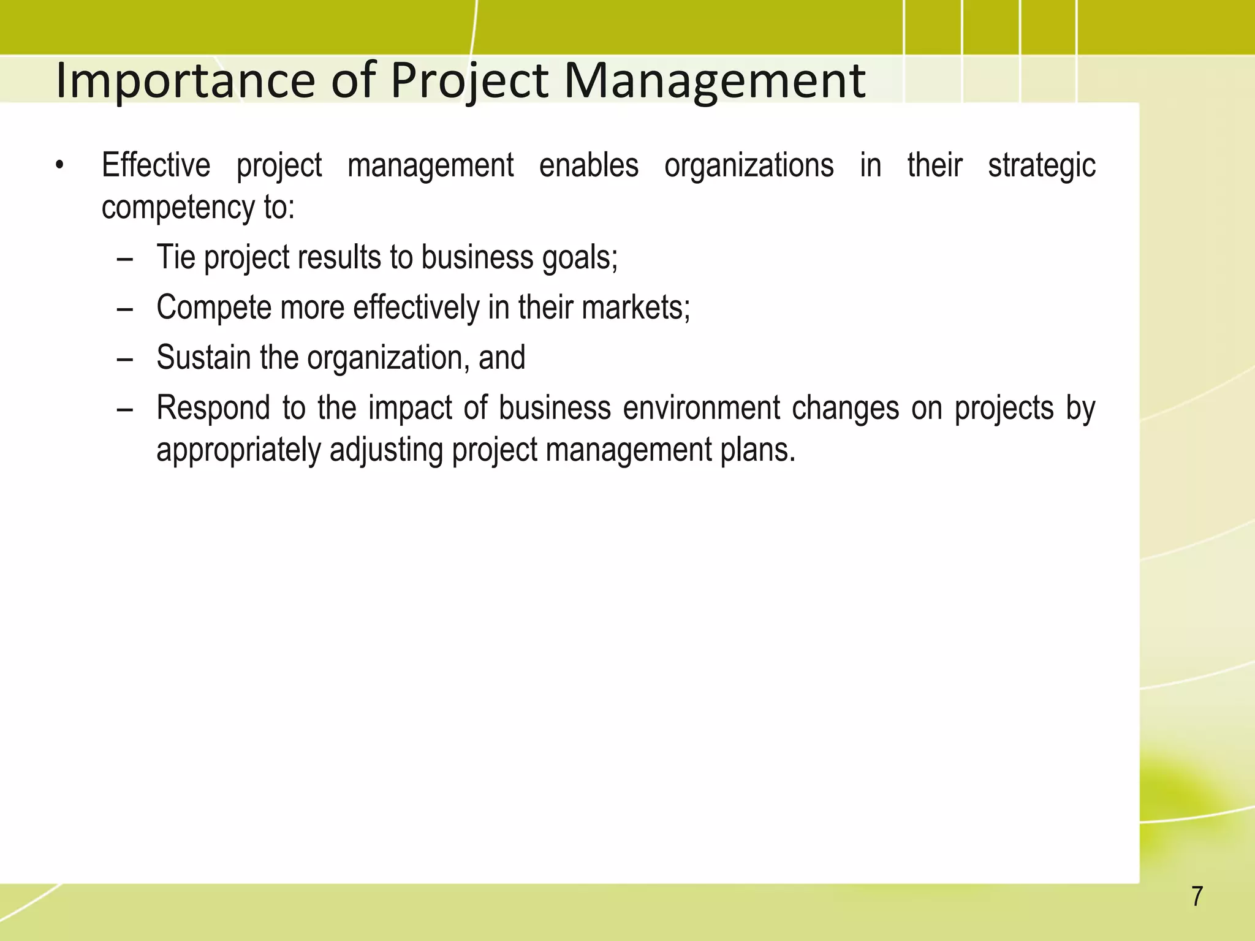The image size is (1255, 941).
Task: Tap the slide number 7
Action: (x=1197, y=896)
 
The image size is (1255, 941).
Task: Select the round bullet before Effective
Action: (x=59, y=166)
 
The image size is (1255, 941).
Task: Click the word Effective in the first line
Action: (x=156, y=165)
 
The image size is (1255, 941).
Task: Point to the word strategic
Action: (x=1041, y=165)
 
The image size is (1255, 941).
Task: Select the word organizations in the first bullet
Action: (x=748, y=165)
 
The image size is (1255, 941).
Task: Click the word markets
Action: (x=634, y=308)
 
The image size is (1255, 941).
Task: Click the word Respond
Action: (x=213, y=409)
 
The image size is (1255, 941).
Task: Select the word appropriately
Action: (x=238, y=450)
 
